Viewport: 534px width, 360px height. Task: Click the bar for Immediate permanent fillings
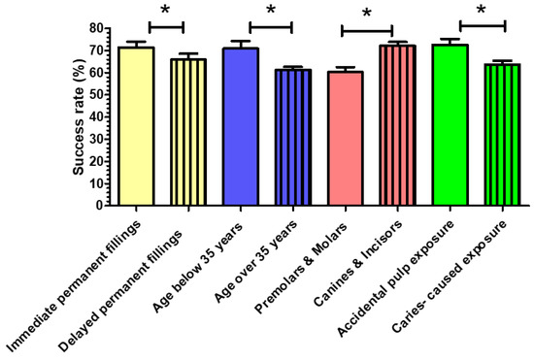pyautogui.click(x=137, y=126)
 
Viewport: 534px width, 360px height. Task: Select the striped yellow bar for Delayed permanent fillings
pyautogui.click(x=188, y=132)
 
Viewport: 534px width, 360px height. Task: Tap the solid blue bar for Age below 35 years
pyautogui.click(x=240, y=126)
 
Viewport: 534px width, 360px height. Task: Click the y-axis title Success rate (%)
pyautogui.click(x=78, y=116)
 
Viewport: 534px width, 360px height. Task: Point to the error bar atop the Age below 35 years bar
pyautogui.click(x=240, y=43)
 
